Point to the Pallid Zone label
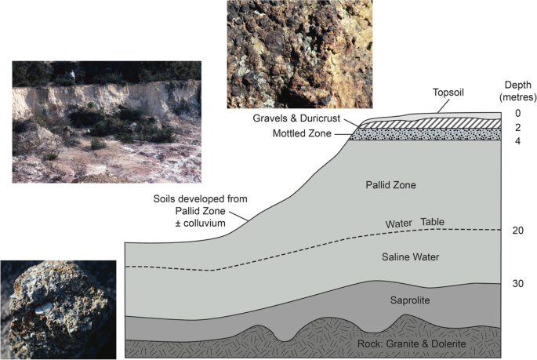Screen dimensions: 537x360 point(390,186)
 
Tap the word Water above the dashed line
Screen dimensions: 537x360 point(398,225)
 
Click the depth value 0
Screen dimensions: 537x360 point(517,113)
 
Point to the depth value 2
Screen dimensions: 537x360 point(517,127)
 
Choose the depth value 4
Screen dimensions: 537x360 point(517,141)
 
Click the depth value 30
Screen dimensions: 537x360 point(518,283)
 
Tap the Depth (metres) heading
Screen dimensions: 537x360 point(517,90)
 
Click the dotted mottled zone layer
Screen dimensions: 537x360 point(427,134)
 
